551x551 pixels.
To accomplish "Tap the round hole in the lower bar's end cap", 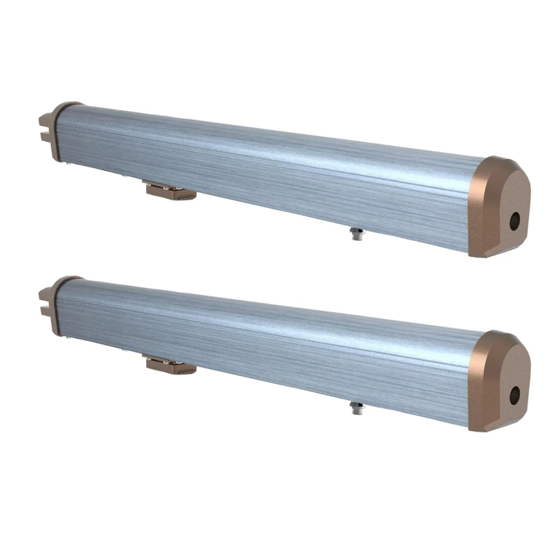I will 514,395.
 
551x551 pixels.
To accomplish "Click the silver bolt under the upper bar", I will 356,234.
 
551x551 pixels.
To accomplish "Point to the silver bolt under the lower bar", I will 356,408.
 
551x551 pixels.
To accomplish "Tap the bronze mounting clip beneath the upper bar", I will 170,190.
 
